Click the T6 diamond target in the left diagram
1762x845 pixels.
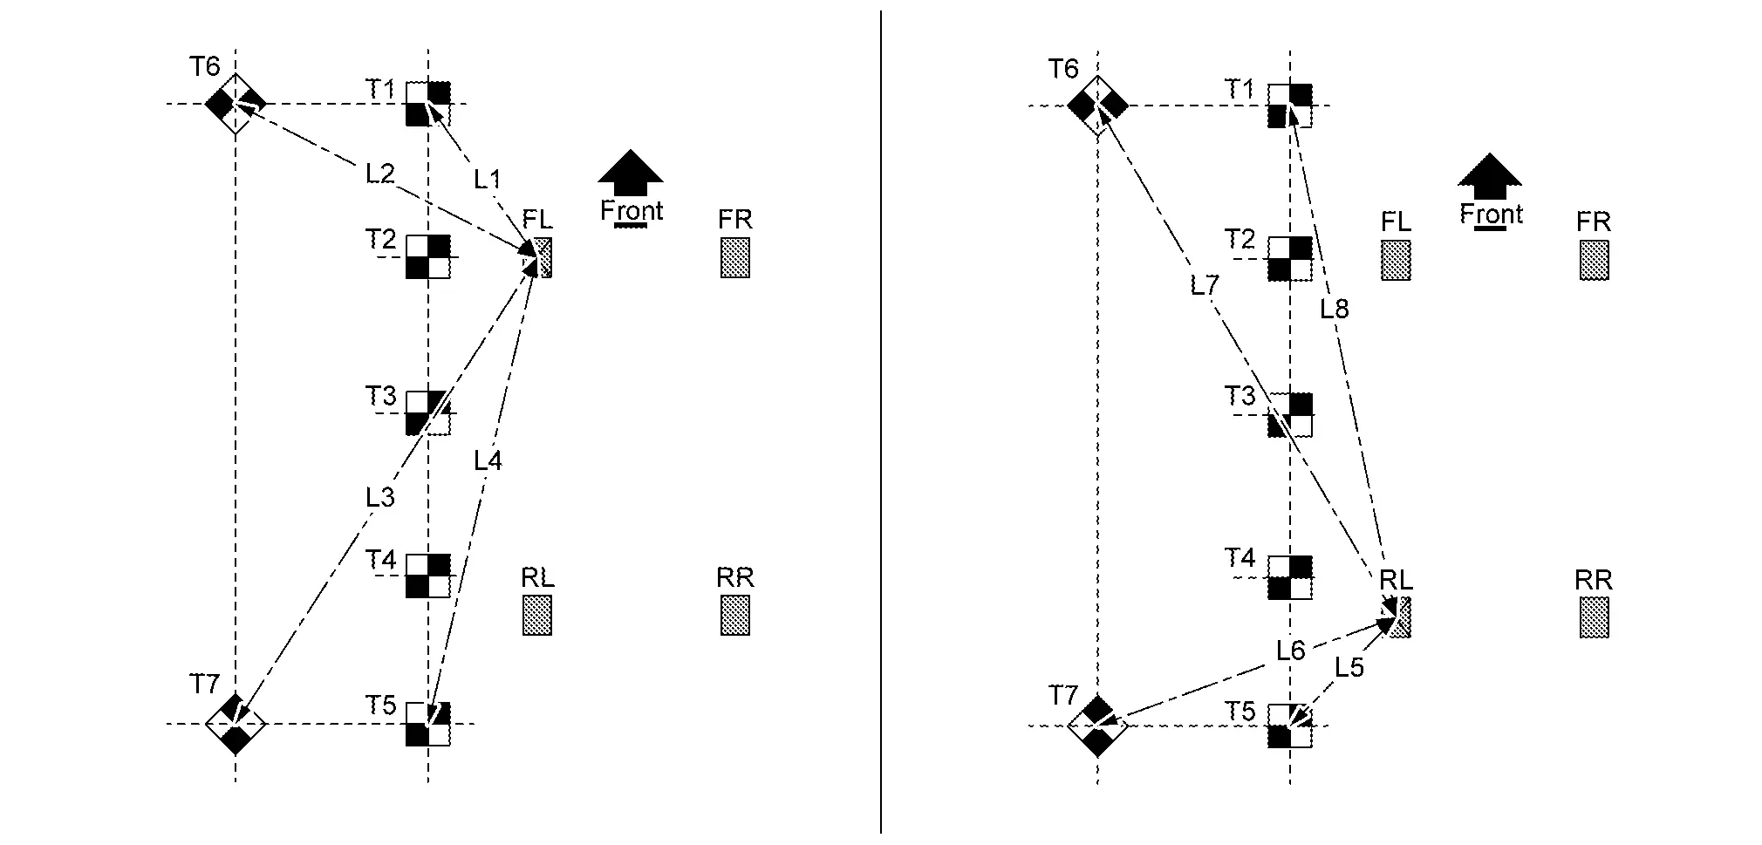click(x=236, y=105)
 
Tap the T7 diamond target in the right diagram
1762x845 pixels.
click(x=1098, y=725)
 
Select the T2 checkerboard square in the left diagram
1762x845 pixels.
click(x=428, y=257)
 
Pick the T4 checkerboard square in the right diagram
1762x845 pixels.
click(x=1290, y=578)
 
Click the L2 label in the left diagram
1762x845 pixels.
click(x=380, y=174)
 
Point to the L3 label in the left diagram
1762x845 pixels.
click(x=380, y=497)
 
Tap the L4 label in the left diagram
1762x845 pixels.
click(x=488, y=460)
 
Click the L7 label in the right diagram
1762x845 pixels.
click(x=1205, y=285)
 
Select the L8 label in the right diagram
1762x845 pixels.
click(x=1335, y=309)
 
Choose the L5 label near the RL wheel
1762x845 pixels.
click(x=1349, y=667)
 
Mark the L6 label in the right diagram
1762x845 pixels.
click(x=1290, y=651)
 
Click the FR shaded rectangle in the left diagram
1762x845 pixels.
click(x=735, y=257)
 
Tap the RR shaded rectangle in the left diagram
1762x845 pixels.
click(x=735, y=615)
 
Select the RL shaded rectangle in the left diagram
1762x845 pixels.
click(x=537, y=615)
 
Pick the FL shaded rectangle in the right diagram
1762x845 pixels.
click(x=1397, y=260)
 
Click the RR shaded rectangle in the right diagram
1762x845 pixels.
click(x=1595, y=617)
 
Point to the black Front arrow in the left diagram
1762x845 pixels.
click(x=631, y=172)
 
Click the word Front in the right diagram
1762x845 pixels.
click(x=1492, y=215)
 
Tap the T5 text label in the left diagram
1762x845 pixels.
click(x=381, y=705)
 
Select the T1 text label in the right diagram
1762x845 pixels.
click(x=1240, y=89)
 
